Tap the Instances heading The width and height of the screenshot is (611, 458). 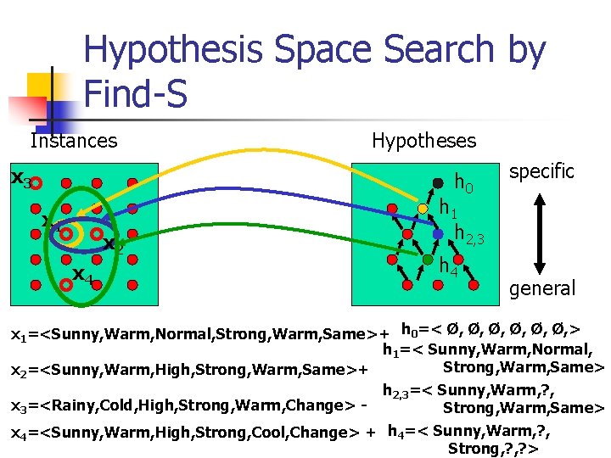73,140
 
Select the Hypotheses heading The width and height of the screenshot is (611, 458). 424,140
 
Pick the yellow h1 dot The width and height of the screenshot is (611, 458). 423,209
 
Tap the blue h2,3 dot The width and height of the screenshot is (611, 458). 438,232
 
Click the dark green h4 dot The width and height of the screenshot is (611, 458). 429,260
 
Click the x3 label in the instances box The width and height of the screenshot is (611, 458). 20,179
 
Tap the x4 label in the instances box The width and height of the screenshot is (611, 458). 81,275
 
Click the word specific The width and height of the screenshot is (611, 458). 541,171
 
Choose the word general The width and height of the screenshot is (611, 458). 541,288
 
